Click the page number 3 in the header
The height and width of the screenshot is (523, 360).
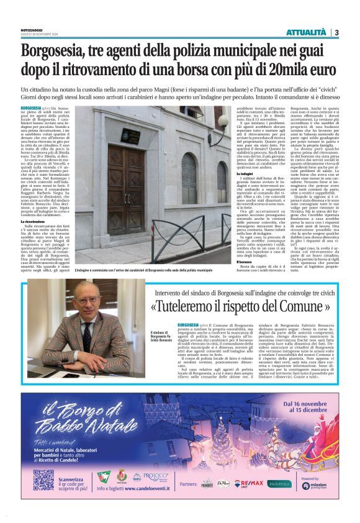point(336,32)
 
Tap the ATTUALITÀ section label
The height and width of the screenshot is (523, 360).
point(306,32)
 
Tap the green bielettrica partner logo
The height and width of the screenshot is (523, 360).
point(280,483)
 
